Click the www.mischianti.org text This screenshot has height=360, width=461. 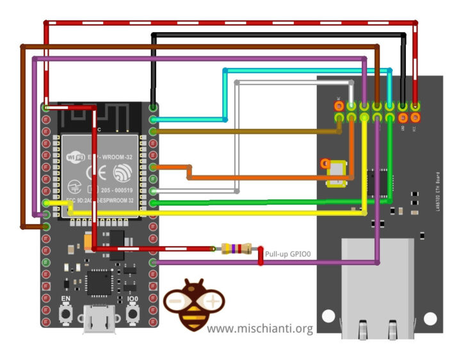pos(260,329)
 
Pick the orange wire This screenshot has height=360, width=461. pos(269,176)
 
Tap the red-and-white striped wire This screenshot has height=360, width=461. pos(230,23)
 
